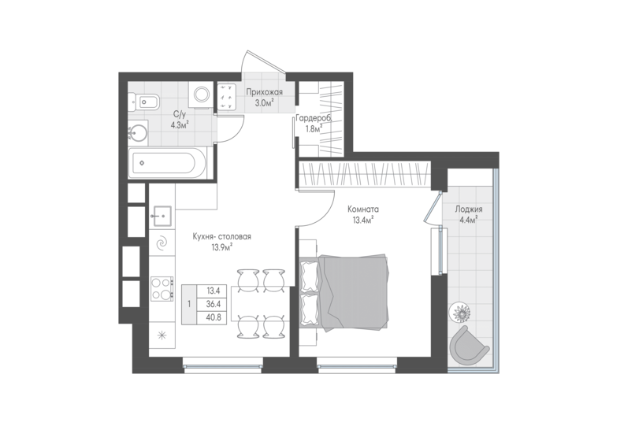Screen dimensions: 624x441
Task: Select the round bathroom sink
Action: (138, 133)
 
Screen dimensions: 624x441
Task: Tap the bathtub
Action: (167, 163)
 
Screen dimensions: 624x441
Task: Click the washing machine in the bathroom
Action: (201, 94)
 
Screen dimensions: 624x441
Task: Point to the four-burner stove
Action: (162, 289)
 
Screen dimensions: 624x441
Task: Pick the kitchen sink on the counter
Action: (162, 216)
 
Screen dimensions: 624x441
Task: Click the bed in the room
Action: (344, 292)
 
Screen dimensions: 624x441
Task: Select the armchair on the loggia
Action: (468, 344)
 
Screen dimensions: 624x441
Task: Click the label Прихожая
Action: (264, 92)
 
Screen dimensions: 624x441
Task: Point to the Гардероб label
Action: (314, 117)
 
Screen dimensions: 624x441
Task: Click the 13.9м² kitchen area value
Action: (222, 247)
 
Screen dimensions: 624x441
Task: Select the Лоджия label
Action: (469, 209)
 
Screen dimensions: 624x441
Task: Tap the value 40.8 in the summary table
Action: (214, 317)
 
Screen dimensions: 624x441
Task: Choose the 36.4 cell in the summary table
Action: (214, 304)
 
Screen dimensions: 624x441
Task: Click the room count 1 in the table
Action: (189, 304)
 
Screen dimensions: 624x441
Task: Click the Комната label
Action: (363, 209)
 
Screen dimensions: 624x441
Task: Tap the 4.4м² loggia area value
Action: (469, 220)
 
